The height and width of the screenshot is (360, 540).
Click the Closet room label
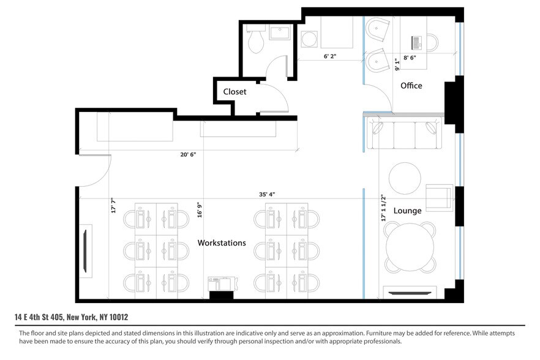(234, 91)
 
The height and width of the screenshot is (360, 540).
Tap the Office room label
(411, 86)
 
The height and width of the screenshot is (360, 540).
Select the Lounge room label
(407, 211)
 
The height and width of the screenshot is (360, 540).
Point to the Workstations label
(222, 243)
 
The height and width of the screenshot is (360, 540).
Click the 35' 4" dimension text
(266, 194)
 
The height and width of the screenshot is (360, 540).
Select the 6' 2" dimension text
(330, 56)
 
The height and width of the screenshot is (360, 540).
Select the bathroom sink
(281, 33)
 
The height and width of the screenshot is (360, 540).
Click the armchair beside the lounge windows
(440, 196)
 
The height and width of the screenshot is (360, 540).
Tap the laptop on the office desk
(418, 43)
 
